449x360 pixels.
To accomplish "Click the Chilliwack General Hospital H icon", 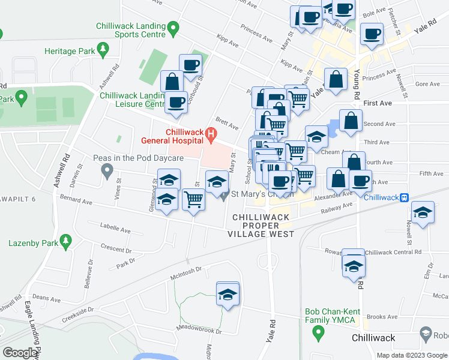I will pyautogui.click(x=210, y=134).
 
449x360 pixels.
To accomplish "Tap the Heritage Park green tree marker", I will pyautogui.click(x=103, y=49).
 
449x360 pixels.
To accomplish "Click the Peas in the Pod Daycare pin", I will pyautogui.click(x=107, y=172).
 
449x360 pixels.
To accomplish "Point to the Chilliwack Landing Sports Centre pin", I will pyautogui.click(x=173, y=28).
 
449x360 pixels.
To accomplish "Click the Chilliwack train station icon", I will pyautogui.click(x=405, y=197).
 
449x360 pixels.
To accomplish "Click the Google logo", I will pyautogui.click(x=20, y=353).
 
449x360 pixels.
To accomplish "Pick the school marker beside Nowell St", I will pyautogui.click(x=423, y=213).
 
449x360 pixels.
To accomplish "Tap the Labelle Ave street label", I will pyautogui.click(x=116, y=230).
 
